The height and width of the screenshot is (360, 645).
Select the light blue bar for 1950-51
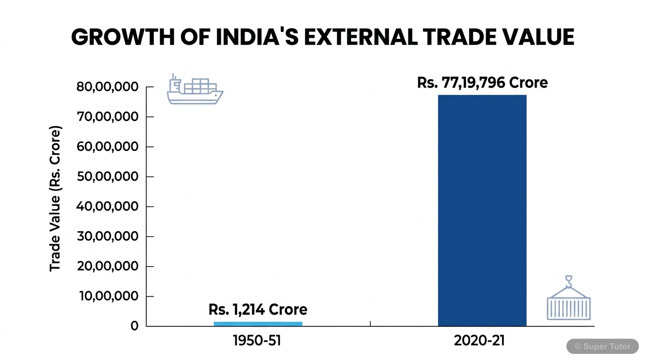click(258, 323)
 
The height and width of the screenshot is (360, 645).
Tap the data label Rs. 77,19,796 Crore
click(482, 83)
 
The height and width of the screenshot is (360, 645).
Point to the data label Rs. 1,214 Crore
click(258, 309)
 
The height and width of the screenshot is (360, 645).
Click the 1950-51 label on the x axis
click(257, 341)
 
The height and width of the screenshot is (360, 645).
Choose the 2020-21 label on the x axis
click(479, 341)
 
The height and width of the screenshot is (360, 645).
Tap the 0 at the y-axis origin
click(135, 326)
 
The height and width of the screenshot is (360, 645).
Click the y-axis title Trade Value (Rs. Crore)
click(55, 198)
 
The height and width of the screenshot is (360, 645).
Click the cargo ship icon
click(195, 90)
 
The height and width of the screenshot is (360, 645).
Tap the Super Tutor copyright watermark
click(602, 346)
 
